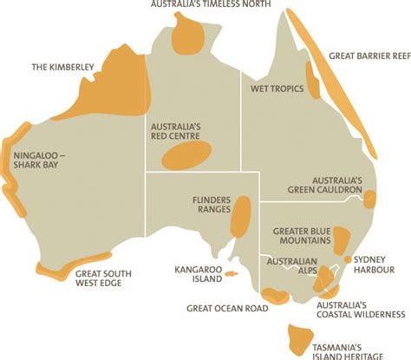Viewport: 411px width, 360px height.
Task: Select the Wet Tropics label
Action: click(276, 88)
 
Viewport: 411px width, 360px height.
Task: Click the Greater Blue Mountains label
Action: click(302, 236)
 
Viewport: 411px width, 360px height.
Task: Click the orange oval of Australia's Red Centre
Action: click(185, 155)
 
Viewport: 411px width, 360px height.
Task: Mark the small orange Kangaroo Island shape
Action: click(232, 277)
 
